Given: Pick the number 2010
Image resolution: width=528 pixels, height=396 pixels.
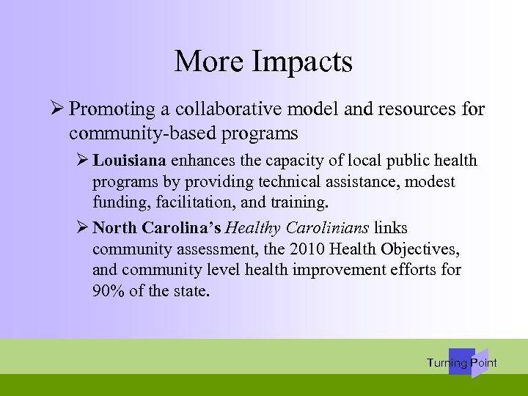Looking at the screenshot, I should (x=301, y=250).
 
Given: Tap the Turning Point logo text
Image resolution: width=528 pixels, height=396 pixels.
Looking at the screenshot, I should (x=461, y=363).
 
